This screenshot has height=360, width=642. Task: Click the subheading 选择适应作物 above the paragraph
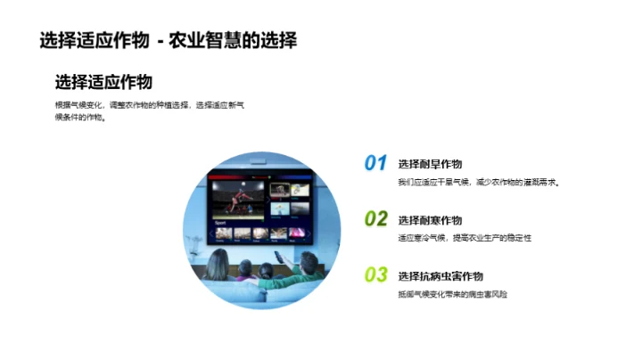(x=103, y=82)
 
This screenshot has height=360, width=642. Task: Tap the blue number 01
(x=375, y=163)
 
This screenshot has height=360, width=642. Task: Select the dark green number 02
(x=375, y=218)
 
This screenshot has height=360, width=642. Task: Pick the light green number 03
(x=375, y=274)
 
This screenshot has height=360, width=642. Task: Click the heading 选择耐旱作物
(x=431, y=164)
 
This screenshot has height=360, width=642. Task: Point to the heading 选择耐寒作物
(x=431, y=220)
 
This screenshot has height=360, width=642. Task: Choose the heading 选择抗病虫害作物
(x=440, y=276)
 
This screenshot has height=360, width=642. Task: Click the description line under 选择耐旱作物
(x=478, y=183)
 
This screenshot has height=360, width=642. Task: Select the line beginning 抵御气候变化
(x=452, y=294)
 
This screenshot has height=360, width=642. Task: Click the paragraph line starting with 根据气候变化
(x=149, y=105)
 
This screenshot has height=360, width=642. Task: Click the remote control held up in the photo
(x=278, y=256)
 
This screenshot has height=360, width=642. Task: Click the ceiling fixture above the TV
(x=259, y=161)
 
